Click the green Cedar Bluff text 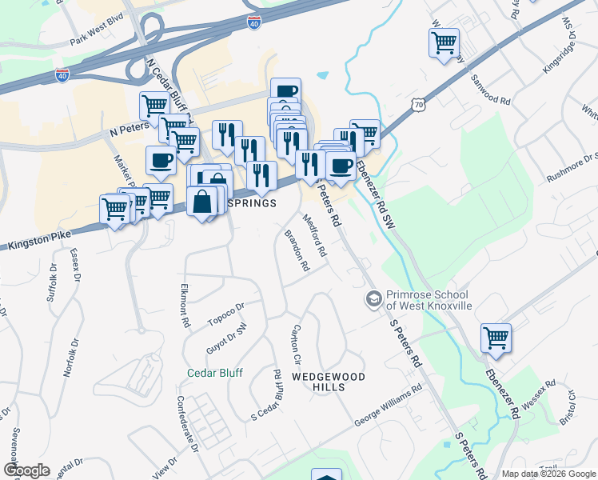pos(214,372)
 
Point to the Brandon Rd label pos(297,251)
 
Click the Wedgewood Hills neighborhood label pos(328,382)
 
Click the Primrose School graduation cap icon pos(373,299)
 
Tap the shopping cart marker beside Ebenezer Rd pos(496,338)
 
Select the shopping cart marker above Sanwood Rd pos(444,42)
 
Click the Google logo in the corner pos(26,470)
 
